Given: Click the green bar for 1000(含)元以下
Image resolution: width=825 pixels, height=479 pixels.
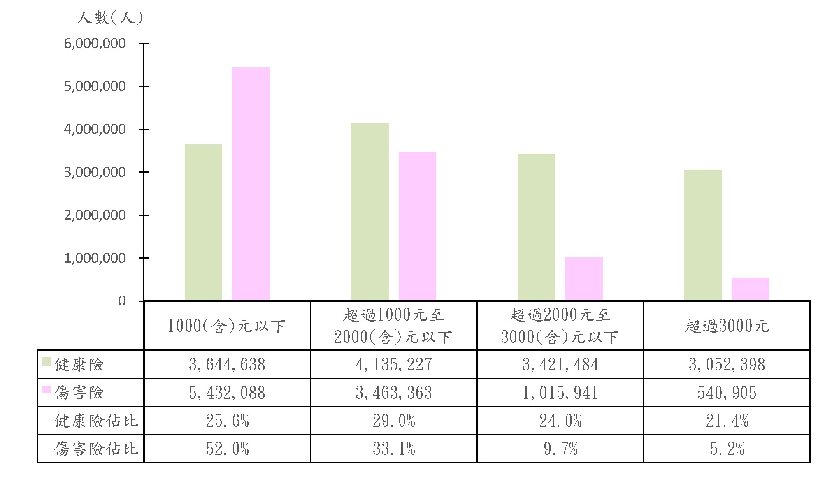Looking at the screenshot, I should (203, 222).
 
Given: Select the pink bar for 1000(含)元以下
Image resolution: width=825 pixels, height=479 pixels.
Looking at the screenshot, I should (251, 184).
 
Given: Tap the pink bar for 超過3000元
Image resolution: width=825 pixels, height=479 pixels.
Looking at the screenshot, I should (750, 289).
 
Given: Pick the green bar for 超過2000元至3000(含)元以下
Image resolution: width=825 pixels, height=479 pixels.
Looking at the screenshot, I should (536, 227).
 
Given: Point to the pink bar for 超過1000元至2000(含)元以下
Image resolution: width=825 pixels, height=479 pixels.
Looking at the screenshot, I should (417, 226).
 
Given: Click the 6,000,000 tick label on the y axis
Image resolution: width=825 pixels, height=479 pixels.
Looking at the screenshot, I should (95, 44).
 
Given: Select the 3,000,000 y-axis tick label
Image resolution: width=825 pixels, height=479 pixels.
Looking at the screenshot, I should (95, 172).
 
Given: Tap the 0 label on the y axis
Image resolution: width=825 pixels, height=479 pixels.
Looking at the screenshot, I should (122, 301).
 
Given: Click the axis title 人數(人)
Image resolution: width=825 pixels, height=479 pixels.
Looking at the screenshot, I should (110, 18).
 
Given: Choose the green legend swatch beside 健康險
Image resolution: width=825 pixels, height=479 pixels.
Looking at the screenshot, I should (46, 361).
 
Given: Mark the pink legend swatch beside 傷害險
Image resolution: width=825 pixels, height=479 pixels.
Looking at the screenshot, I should (46, 389).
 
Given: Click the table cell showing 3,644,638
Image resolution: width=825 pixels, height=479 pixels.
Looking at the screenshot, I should (227, 365).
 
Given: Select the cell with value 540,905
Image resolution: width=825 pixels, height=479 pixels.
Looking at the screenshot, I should (727, 393).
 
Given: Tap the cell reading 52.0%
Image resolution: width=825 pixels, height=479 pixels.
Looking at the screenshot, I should (227, 449).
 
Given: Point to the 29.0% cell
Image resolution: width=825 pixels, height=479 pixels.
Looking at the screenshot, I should (394, 421).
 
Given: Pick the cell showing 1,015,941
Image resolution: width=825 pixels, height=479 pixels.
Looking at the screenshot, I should (560, 393).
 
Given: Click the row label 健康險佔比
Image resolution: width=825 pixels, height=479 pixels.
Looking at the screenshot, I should (96, 421).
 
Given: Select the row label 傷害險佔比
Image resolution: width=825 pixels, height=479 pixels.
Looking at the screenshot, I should (96, 449).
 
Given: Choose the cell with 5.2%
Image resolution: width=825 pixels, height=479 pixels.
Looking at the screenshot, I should (727, 449).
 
